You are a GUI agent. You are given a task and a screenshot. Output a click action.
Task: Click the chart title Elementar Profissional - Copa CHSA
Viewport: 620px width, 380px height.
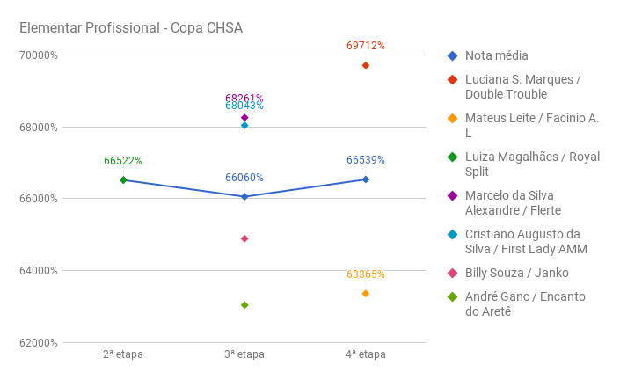tap(131, 28)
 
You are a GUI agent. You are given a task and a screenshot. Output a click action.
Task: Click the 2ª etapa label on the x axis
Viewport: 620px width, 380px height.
tap(123, 354)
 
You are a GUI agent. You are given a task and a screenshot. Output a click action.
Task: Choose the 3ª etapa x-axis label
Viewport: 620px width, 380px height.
tap(244, 354)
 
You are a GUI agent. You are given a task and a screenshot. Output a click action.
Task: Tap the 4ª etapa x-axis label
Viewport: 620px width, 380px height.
tap(365, 354)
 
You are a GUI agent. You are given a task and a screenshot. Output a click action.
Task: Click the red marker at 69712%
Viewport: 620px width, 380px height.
tap(366, 65)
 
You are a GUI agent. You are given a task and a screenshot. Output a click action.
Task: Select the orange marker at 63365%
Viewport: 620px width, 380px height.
tap(366, 293)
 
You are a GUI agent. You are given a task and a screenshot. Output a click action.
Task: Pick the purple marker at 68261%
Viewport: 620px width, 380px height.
tap(244, 117)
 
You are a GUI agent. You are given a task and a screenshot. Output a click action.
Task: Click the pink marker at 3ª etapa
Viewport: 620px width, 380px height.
tap(244, 238)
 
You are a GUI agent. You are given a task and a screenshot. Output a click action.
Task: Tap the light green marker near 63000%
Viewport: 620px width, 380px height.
tap(244, 305)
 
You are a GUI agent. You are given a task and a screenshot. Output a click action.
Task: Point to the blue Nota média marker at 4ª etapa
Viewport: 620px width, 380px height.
tap(366, 179)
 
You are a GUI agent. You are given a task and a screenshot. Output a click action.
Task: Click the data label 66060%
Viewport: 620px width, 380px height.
tap(244, 178)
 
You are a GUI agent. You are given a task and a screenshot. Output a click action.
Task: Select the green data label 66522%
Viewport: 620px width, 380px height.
tap(123, 161)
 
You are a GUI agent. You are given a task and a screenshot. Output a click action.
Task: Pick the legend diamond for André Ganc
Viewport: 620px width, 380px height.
tap(452, 296)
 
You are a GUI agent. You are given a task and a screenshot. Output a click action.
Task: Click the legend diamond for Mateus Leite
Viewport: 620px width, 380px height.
tap(452, 118)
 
